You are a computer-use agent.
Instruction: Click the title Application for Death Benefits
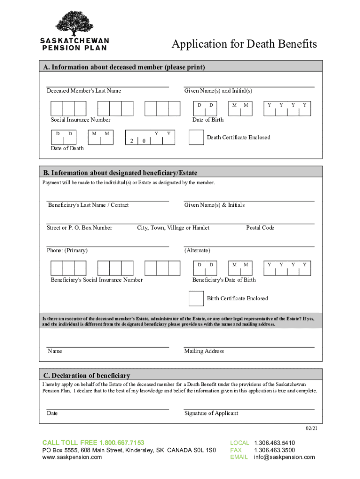click(x=244, y=44)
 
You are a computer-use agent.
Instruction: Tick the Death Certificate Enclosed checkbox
click(x=195, y=137)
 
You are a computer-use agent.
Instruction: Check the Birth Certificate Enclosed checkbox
click(x=195, y=298)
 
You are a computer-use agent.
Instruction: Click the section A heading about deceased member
click(x=124, y=67)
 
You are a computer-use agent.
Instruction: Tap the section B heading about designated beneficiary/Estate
click(x=121, y=173)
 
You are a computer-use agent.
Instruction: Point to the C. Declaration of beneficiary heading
click(x=86, y=375)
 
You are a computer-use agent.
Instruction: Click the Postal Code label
click(x=260, y=228)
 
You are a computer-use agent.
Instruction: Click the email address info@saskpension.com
click(x=284, y=457)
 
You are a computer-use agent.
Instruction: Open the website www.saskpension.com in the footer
click(x=72, y=457)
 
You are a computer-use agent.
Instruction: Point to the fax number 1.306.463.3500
click(x=274, y=450)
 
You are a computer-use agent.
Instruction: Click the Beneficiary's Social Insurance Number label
click(x=97, y=280)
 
